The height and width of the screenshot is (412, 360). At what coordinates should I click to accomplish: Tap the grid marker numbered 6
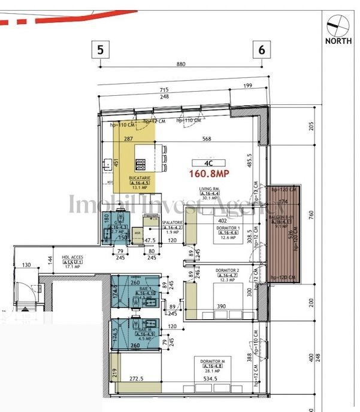tap(262, 50)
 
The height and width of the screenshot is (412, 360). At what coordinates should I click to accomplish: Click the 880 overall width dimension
tap(181, 64)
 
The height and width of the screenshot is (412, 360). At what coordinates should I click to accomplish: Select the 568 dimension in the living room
tap(207, 139)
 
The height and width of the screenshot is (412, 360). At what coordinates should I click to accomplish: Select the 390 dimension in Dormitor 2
tap(221, 307)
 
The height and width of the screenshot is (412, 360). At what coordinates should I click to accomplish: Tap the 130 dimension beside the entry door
tap(26, 265)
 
